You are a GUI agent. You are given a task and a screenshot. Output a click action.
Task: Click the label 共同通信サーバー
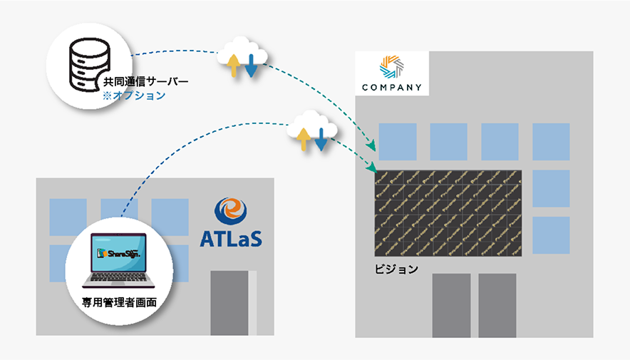(146, 82)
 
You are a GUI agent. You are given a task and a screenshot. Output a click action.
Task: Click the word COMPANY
(391, 88)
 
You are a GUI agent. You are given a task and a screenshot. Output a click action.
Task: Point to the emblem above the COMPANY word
(391, 66)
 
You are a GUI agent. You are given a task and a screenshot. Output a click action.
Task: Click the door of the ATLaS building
(229, 302)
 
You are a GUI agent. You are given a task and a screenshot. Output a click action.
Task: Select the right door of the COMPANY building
(497, 305)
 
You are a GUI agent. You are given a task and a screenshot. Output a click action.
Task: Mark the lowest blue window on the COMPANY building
(551, 235)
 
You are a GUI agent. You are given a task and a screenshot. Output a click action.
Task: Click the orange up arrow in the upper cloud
(233, 64)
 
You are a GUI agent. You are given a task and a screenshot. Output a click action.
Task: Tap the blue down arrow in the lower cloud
(321, 139)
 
